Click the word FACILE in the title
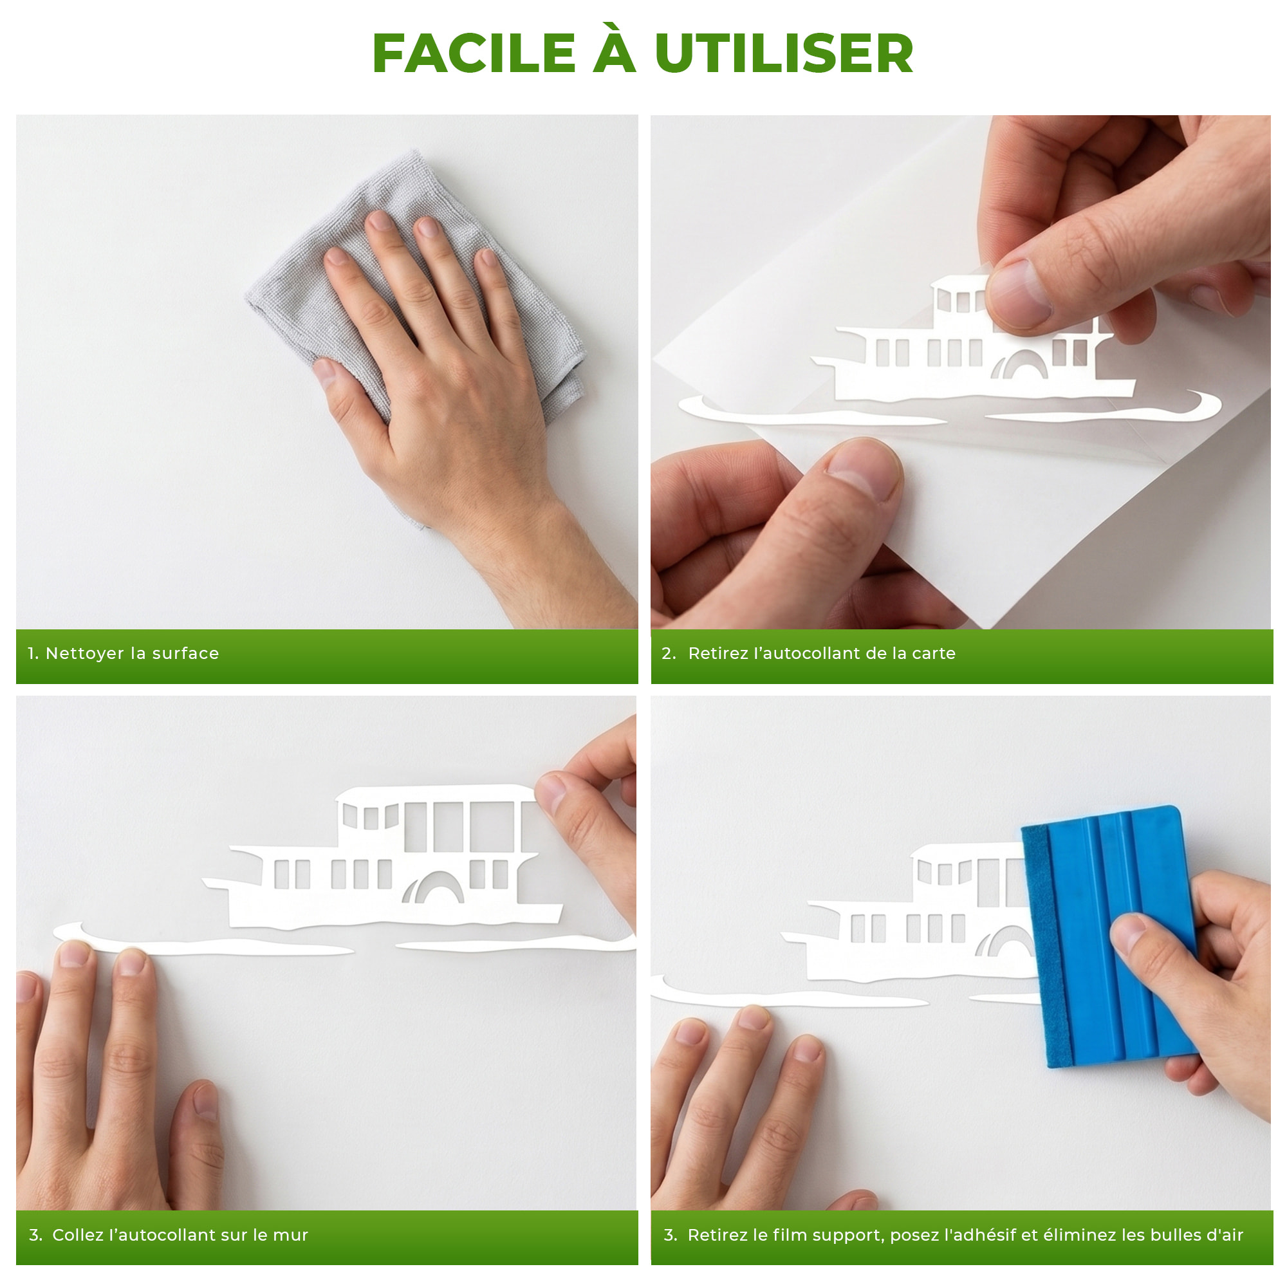(474, 53)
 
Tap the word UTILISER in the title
(784, 53)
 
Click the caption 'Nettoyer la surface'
(132, 654)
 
